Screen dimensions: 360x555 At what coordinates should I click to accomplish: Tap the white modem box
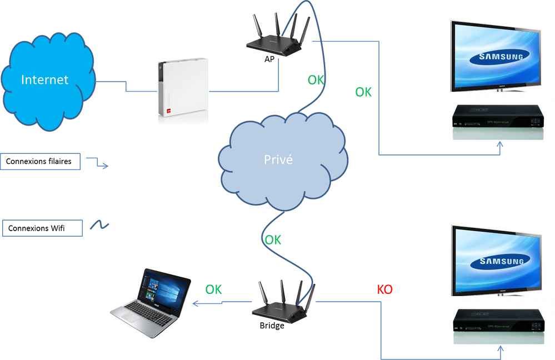click(182, 92)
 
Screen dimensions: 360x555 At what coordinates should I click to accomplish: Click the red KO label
click(386, 289)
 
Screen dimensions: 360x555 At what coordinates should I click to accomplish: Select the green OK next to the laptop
click(213, 289)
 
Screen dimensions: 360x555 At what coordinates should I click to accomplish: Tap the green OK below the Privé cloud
click(273, 239)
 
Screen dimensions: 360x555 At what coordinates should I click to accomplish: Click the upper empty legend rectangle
click(40, 161)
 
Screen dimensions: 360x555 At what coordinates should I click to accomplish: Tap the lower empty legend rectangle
click(42, 227)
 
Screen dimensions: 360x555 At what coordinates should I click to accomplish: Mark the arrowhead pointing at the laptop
click(196, 303)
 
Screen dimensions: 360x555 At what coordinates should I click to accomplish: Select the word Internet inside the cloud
click(44, 80)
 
